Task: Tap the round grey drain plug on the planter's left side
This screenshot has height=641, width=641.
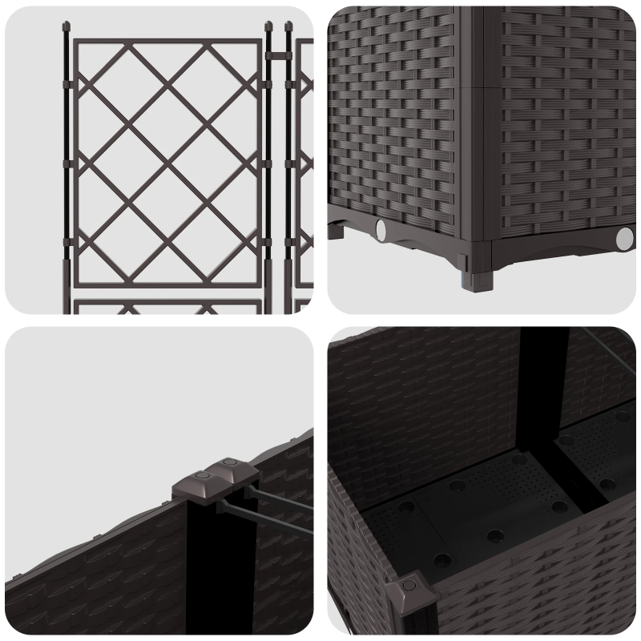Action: pos(381,229)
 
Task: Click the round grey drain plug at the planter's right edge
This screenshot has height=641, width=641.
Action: pos(624,238)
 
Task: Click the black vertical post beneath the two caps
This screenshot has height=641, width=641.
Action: pos(200,561)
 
